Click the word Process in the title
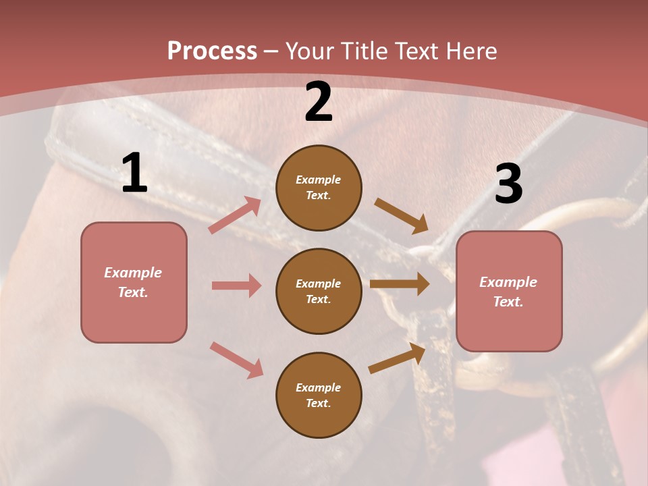(212, 51)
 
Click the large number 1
(134, 173)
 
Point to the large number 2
(319, 103)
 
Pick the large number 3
(508, 184)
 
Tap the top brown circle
(319, 188)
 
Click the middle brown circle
(319, 291)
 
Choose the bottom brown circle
(319, 395)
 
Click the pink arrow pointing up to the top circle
(234, 215)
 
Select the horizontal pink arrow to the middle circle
(236, 286)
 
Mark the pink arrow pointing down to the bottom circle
(236, 360)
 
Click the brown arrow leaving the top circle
(401, 216)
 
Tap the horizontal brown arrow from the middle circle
(400, 284)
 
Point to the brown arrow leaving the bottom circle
(397, 358)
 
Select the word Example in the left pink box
(133, 273)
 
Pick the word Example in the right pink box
(508, 282)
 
